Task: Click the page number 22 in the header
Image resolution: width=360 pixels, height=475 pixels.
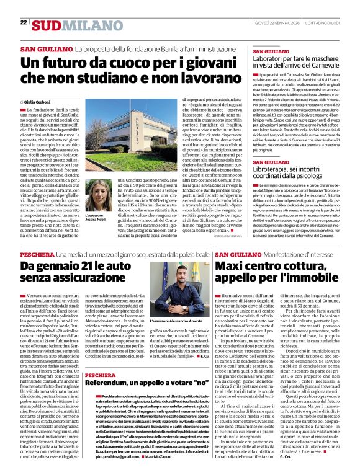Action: coord(24,23)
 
